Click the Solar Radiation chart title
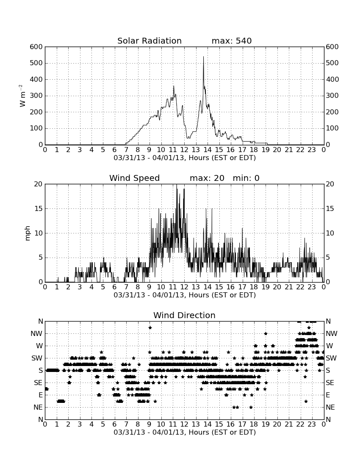tap(150, 41)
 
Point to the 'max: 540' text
tap(232, 41)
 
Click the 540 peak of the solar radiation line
tap(203, 57)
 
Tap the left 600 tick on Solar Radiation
tap(36, 47)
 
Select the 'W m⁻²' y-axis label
tap(22, 96)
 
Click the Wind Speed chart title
tap(135, 178)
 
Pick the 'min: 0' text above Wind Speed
tap(246, 178)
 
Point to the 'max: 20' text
tap(207, 178)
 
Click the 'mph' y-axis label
tap(28, 233)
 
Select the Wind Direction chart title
tap(185, 315)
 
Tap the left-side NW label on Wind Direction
tap(36, 334)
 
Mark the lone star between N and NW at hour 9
tap(150, 327)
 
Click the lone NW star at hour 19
tap(266, 333)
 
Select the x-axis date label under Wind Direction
tap(185, 432)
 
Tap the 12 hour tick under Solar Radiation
tap(184, 150)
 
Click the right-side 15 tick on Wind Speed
tap(330, 208)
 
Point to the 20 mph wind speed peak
tap(177, 185)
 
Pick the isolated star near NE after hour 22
tap(306, 401)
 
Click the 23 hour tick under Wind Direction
tap(312, 424)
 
